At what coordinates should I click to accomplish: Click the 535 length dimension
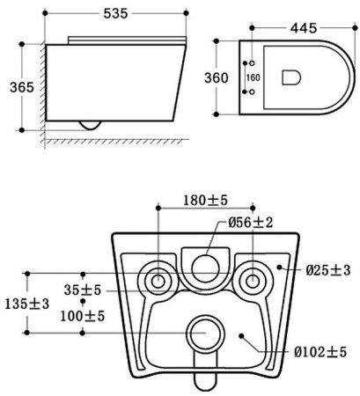pos(115,13)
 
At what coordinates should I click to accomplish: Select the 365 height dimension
pos(22,87)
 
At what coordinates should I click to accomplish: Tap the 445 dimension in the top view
pos(304,28)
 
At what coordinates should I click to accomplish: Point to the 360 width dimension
pos(217,78)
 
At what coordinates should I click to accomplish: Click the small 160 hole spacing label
pos(253,77)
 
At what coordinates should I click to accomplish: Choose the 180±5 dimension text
pos(205,201)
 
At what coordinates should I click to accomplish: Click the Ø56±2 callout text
pos(251,223)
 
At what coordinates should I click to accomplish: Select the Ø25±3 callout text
pos(328,270)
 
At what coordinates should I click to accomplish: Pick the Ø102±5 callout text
pos(320,352)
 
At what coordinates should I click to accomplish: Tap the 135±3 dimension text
pos(27,304)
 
